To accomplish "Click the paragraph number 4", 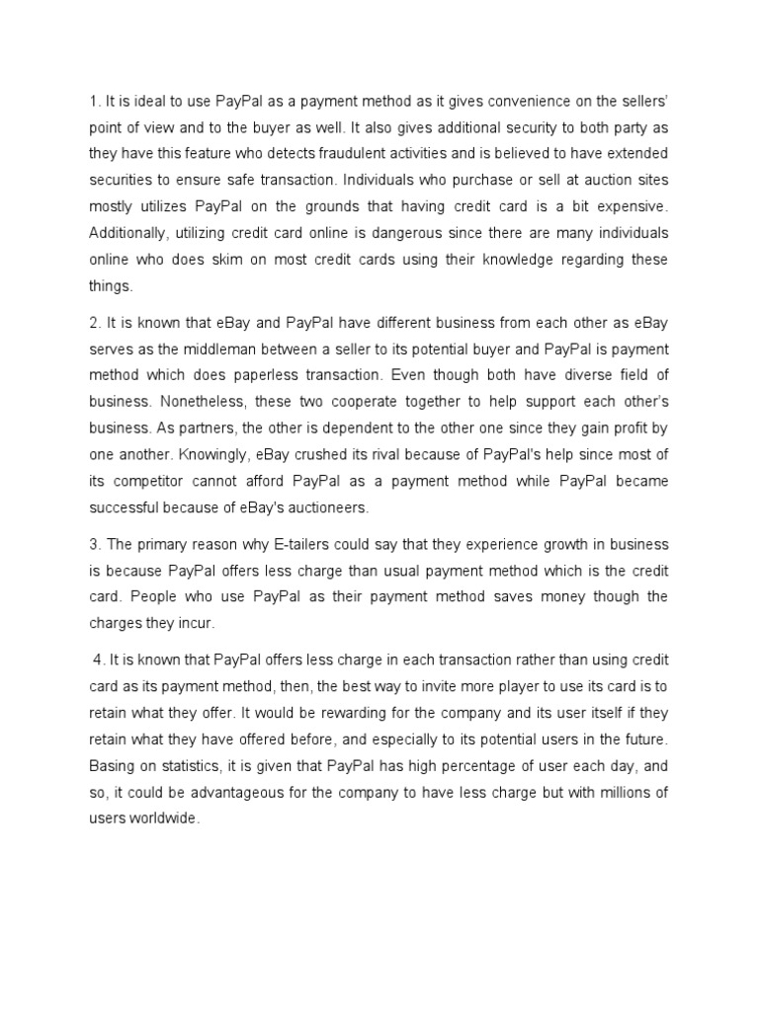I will coord(96,660).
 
